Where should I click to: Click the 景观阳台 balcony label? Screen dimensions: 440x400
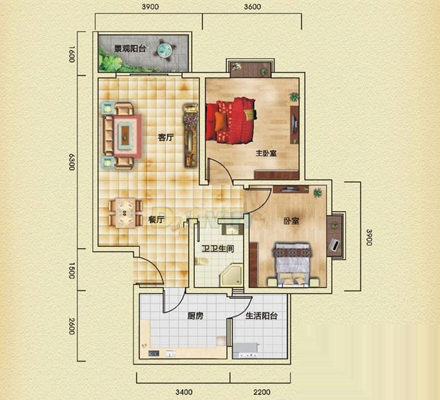click(130, 48)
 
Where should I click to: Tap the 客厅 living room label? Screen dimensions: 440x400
click(166, 137)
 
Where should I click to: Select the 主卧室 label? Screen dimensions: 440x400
click(266, 153)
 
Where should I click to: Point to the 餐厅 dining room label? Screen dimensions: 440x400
click(156, 220)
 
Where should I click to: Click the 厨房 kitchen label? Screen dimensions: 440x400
click(195, 316)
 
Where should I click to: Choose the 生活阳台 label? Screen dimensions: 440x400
click(262, 316)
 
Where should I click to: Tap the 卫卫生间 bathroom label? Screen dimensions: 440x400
click(218, 248)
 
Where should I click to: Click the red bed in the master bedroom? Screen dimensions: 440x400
click(231, 120)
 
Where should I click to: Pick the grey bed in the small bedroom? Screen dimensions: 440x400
click(293, 264)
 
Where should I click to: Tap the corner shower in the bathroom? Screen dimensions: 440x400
click(231, 275)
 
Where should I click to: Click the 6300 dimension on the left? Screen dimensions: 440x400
click(72, 162)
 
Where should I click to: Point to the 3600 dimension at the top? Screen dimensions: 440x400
click(253, 7)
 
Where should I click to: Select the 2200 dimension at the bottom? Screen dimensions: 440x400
click(262, 392)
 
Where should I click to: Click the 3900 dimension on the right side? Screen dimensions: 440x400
click(369, 237)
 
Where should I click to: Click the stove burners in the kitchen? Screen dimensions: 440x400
click(154, 354)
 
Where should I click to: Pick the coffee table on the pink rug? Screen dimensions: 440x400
click(125, 135)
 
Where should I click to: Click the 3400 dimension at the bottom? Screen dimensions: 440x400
click(184, 392)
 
